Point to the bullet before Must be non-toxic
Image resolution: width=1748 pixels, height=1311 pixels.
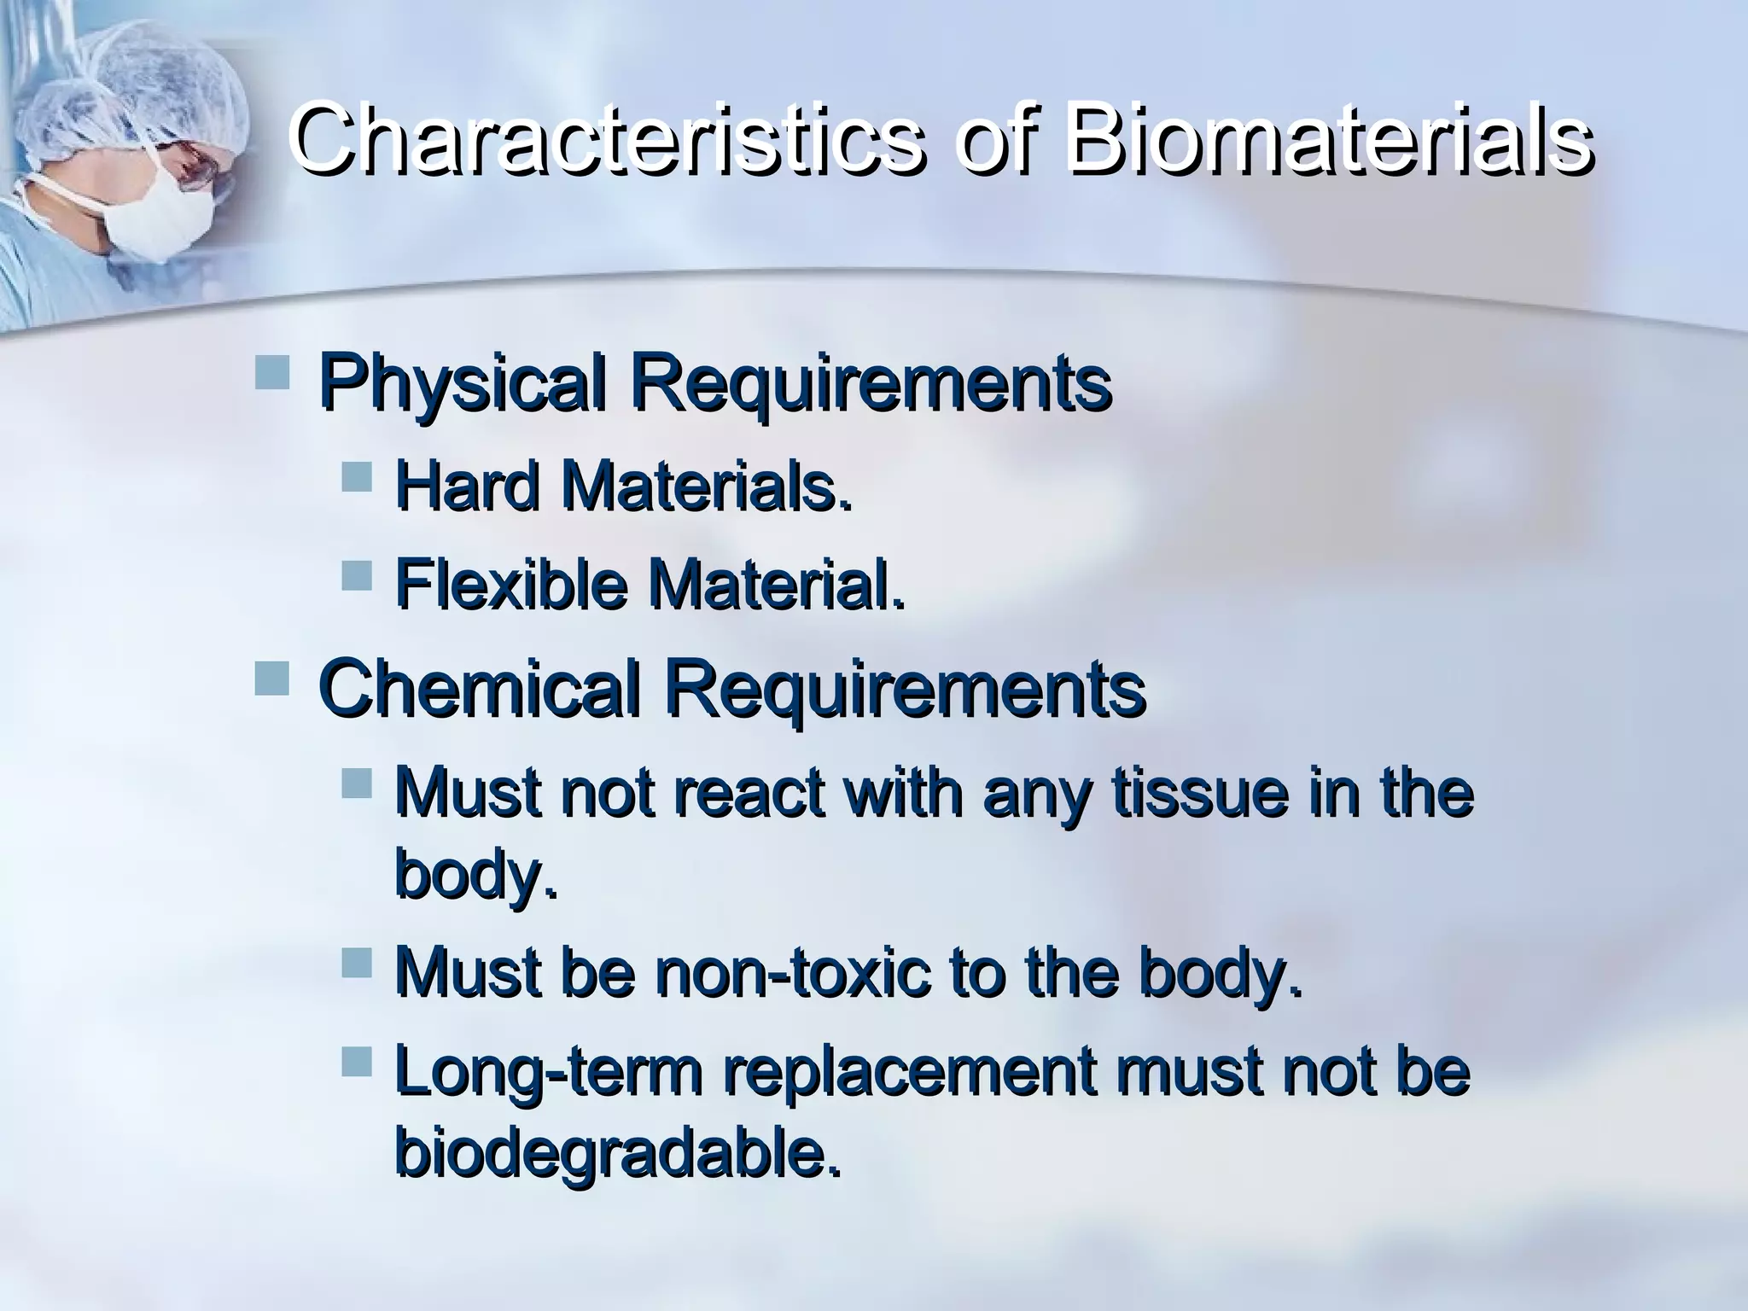357,963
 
